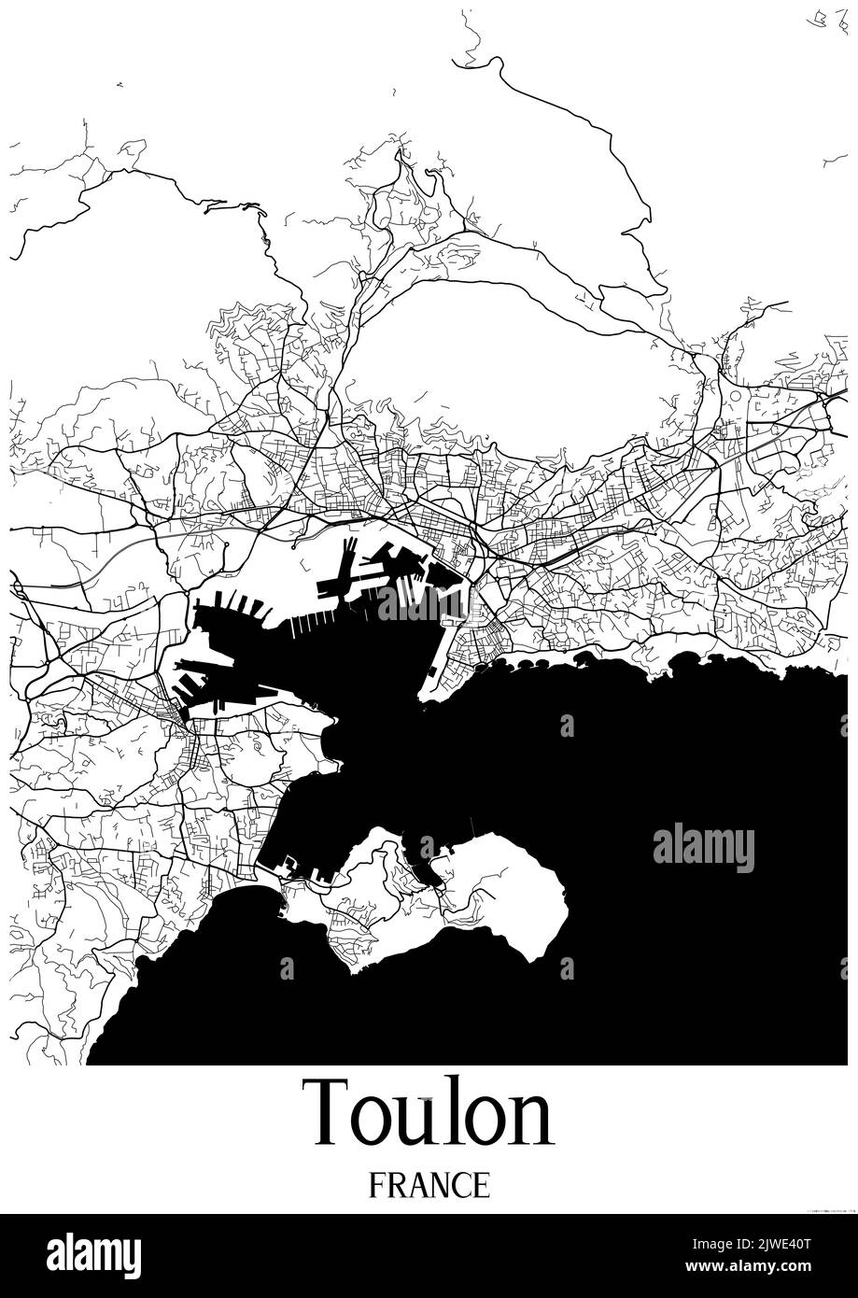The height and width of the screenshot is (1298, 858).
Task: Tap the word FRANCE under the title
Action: tap(429, 1185)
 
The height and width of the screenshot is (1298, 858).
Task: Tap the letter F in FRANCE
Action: tap(376, 1185)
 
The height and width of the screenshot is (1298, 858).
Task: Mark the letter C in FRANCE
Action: tap(461, 1185)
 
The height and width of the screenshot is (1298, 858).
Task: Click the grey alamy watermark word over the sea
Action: tap(703, 848)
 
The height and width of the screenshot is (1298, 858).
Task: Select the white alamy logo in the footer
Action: tap(93, 1255)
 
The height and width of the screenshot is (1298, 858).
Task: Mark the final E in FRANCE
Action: tap(481, 1185)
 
